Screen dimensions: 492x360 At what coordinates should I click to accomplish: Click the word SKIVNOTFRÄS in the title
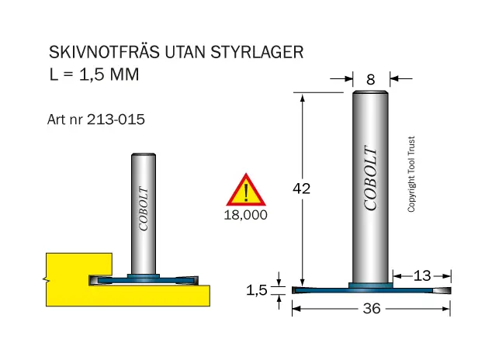click(104, 51)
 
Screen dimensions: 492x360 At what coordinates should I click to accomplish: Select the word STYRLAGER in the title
click(257, 52)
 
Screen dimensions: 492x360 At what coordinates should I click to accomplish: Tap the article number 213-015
click(116, 119)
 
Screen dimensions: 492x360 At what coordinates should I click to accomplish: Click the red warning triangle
click(246, 190)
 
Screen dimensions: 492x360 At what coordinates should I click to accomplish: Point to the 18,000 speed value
click(246, 215)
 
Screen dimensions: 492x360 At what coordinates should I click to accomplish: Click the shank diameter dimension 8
click(371, 80)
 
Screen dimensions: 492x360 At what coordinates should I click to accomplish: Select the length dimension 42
click(302, 189)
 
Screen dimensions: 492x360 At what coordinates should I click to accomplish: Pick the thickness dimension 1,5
click(257, 290)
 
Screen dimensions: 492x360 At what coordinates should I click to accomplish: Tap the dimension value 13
click(422, 276)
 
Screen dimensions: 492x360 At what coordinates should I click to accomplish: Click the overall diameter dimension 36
click(372, 309)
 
